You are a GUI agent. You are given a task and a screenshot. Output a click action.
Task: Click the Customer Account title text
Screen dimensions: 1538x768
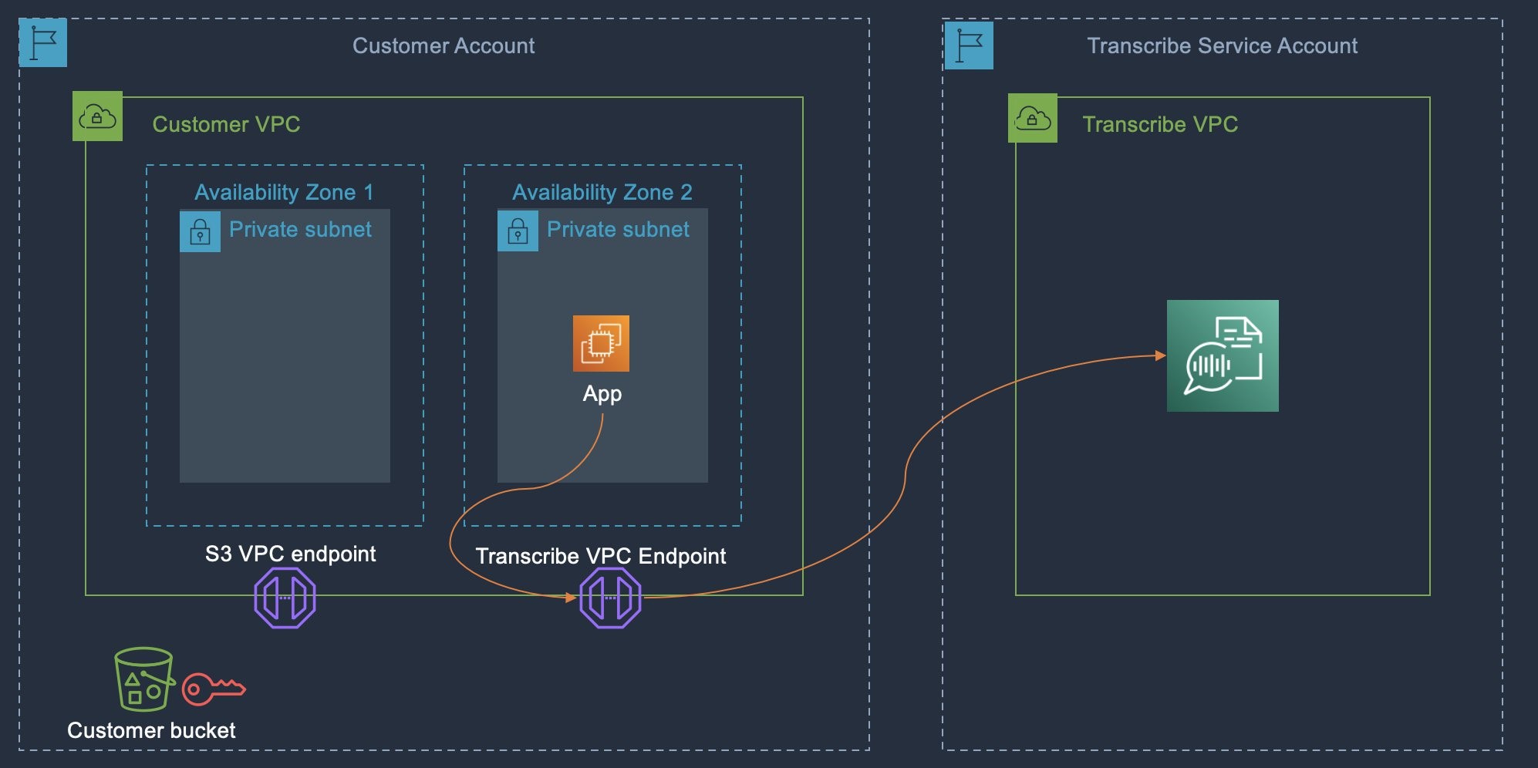point(444,45)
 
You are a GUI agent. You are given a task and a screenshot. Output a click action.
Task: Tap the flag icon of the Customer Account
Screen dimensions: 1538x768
point(43,42)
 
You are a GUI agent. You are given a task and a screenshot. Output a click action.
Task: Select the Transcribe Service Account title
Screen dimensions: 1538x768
point(1222,45)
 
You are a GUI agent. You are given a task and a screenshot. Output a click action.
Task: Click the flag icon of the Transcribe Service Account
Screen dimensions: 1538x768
point(969,45)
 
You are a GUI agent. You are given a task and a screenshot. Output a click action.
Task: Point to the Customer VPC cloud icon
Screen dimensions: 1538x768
point(97,116)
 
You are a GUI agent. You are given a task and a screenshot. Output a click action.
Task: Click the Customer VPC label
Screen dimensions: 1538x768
point(226,124)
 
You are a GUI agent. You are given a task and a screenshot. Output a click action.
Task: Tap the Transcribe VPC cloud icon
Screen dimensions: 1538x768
point(1033,118)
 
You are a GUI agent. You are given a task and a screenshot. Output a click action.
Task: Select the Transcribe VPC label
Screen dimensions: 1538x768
point(1160,124)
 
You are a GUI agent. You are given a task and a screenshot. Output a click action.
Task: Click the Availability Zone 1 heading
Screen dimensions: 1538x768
point(284,192)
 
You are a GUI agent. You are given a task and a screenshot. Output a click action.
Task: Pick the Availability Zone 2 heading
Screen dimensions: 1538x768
point(602,192)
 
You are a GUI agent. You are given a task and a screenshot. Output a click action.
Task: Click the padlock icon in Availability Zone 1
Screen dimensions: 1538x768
point(200,231)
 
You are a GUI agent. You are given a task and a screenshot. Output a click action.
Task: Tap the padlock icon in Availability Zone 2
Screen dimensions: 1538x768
point(518,231)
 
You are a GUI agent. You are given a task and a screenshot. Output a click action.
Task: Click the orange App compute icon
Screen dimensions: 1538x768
point(601,343)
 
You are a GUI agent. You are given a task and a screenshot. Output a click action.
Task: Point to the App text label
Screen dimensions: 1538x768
point(602,394)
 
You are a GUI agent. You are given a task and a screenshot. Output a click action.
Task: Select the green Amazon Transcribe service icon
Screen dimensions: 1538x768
point(1223,355)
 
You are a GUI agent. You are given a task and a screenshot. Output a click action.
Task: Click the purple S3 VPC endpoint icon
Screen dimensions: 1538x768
point(285,598)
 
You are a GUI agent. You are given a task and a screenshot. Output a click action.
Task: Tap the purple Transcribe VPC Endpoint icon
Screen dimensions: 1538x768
point(610,598)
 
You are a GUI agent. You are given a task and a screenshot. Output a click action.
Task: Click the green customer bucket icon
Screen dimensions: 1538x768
point(143,679)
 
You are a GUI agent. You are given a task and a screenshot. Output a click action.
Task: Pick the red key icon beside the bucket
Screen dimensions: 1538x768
point(214,689)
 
